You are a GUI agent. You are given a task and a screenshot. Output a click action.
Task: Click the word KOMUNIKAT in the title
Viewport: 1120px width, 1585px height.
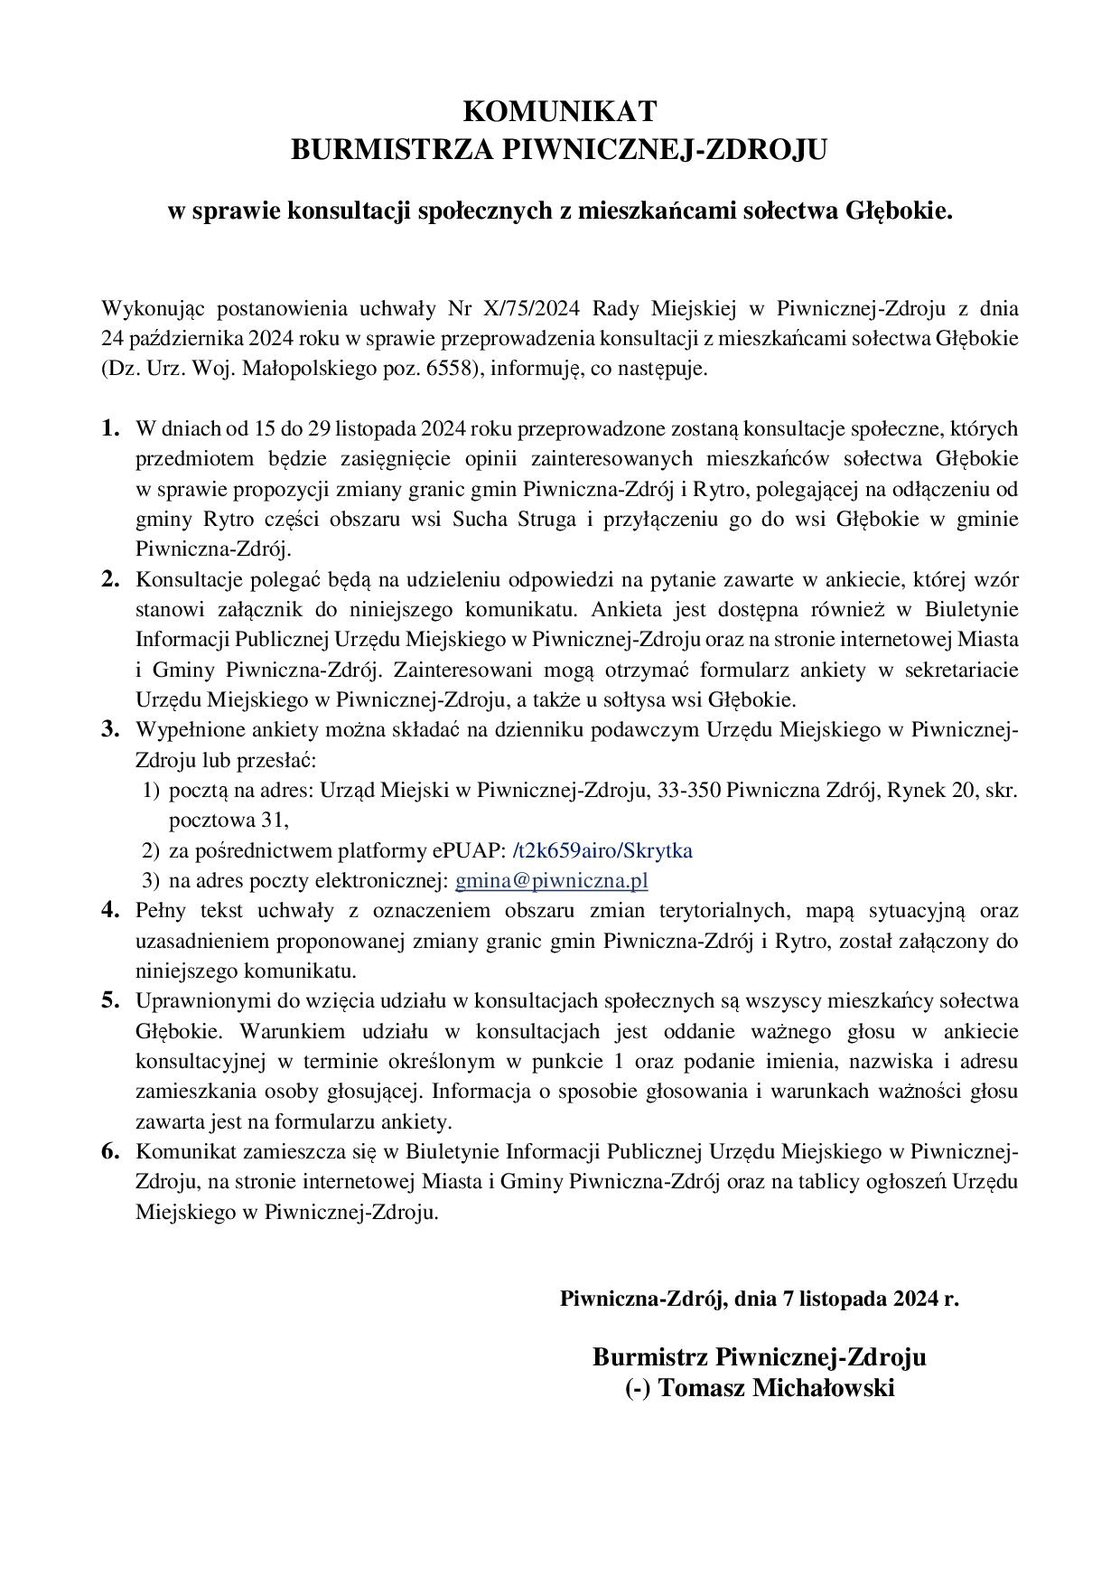click(x=559, y=112)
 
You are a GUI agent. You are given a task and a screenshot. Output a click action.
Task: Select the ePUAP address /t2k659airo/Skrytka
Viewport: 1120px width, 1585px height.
click(x=602, y=851)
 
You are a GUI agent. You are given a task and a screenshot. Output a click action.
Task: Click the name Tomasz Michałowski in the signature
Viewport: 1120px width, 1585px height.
click(x=776, y=1388)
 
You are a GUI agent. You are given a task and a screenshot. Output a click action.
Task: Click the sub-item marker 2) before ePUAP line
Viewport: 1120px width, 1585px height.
click(x=151, y=851)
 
